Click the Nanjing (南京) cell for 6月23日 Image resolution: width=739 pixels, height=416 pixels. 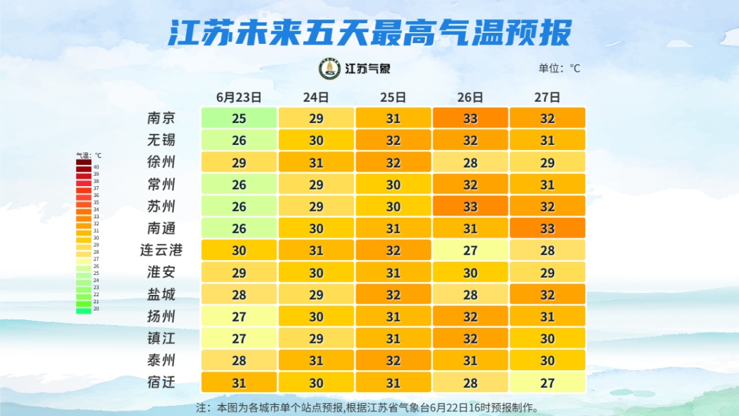(x=239, y=118)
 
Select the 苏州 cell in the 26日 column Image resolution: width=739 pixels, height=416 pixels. (x=470, y=207)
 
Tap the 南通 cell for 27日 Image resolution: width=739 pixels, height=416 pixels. (x=547, y=229)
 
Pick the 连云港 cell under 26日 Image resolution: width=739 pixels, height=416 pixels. (x=470, y=250)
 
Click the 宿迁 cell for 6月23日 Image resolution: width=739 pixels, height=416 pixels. (x=239, y=382)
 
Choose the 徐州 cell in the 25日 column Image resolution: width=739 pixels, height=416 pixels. (x=393, y=163)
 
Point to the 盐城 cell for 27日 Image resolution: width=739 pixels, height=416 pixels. (x=547, y=294)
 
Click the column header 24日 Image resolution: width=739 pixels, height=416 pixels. (x=316, y=97)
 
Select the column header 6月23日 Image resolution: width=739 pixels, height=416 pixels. (x=239, y=97)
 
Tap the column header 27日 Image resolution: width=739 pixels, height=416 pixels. (x=547, y=97)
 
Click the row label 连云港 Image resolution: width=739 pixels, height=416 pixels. (x=161, y=250)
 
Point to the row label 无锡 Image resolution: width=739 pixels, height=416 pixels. (x=161, y=140)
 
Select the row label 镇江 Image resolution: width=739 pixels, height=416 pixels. (x=161, y=339)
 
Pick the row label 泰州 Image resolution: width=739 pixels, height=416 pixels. (x=161, y=361)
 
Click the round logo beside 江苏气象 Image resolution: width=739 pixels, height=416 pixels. (x=330, y=68)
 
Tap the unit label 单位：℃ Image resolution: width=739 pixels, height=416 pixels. (x=559, y=68)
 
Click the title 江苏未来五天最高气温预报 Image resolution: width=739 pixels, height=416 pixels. (x=369, y=32)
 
